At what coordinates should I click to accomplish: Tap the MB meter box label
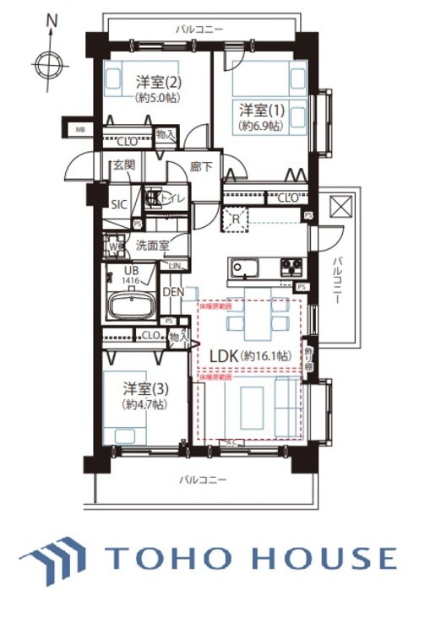tap(80, 129)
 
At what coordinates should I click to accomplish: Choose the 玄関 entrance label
tap(123, 165)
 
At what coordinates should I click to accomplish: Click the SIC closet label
tap(119, 203)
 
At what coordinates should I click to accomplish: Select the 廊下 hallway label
tap(200, 168)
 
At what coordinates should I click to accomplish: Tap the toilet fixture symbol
tap(154, 198)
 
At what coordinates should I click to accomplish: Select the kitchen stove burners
tap(291, 269)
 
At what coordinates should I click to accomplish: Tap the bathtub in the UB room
tap(131, 306)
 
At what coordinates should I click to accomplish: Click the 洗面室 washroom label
tap(152, 246)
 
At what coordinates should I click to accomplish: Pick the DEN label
tap(173, 292)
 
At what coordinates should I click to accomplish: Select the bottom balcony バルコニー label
tap(202, 479)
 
